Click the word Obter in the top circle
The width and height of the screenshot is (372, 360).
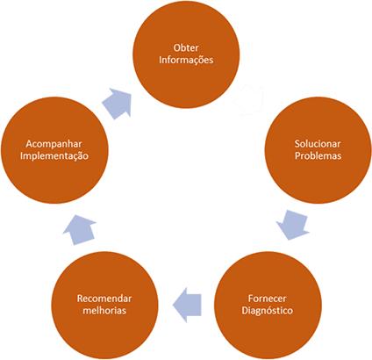point(186,47)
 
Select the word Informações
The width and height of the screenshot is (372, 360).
point(186,60)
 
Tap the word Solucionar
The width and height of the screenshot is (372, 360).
point(318,144)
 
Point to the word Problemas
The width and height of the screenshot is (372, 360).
point(318,155)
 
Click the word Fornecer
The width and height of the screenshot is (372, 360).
point(267,299)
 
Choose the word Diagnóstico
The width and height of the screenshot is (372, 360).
point(267,310)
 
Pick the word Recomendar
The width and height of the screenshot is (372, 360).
point(104,299)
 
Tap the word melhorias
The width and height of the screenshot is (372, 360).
point(104,310)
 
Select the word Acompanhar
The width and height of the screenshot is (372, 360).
point(54,144)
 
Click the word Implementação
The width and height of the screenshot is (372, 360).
point(54,155)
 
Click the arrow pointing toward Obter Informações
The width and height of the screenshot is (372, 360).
point(117,103)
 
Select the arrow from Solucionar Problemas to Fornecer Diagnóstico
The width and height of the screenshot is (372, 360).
point(292,225)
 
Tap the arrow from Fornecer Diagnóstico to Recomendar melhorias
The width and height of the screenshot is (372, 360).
point(187,305)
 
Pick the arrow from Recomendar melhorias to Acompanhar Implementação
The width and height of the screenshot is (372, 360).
point(79,230)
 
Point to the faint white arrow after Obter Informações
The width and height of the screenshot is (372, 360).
point(249,99)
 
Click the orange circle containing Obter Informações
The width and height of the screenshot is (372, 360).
point(186,54)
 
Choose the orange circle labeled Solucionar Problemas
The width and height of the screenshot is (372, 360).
point(318,150)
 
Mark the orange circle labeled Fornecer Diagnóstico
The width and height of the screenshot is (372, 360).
point(268,306)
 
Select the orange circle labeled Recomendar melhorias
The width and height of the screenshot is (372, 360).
point(104,306)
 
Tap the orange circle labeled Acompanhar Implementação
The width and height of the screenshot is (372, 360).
point(54,150)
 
